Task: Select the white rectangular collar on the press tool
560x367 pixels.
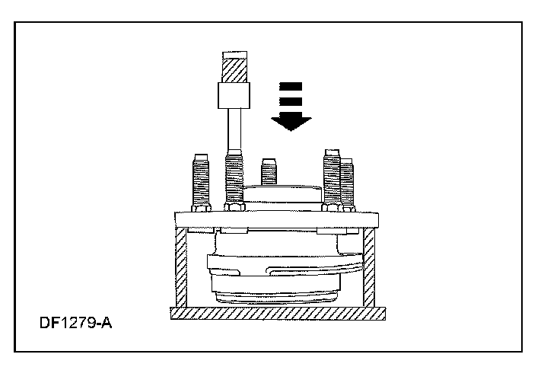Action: pyautogui.click(x=234, y=96)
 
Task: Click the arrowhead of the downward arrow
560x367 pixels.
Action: pyautogui.click(x=291, y=121)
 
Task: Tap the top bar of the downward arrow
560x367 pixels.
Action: pyautogui.click(x=291, y=85)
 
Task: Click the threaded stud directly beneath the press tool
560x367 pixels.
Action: pyautogui.click(x=234, y=180)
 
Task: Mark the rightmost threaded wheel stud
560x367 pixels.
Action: pyautogui.click(x=346, y=183)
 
